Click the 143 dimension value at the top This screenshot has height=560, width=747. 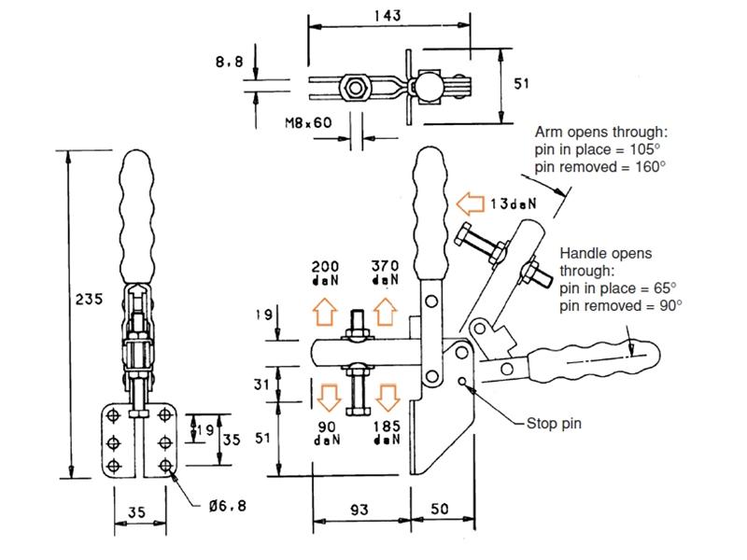click(x=388, y=16)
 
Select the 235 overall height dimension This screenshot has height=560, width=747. click(x=89, y=299)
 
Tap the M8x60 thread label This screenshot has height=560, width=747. click(x=308, y=123)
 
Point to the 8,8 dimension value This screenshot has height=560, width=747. click(x=229, y=62)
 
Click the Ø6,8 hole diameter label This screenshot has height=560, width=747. click(x=228, y=505)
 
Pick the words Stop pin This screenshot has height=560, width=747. click(x=554, y=424)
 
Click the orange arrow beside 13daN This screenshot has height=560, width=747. click(x=470, y=203)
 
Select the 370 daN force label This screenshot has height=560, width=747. click(x=385, y=273)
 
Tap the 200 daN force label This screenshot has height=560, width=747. click(x=325, y=273)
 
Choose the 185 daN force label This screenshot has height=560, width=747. click(x=387, y=432)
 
